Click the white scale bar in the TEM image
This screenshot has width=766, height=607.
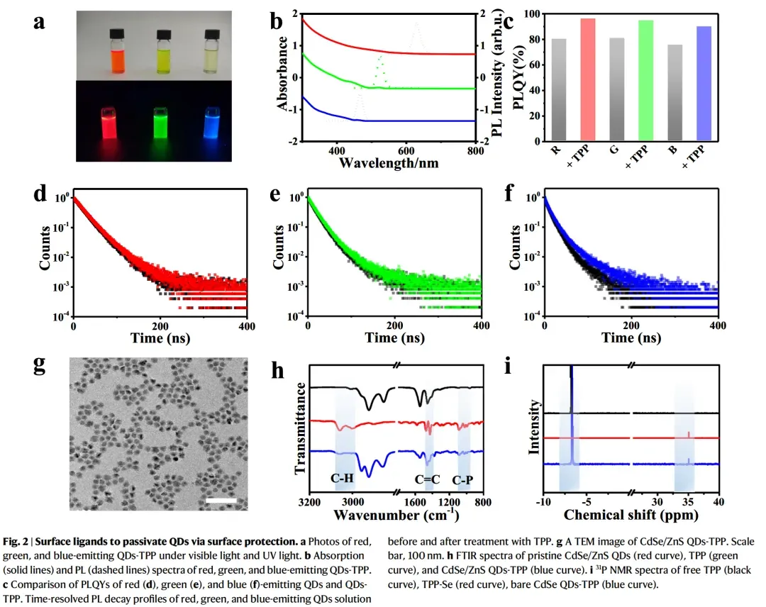coord(221,500)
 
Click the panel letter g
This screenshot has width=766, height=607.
coord(41,366)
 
